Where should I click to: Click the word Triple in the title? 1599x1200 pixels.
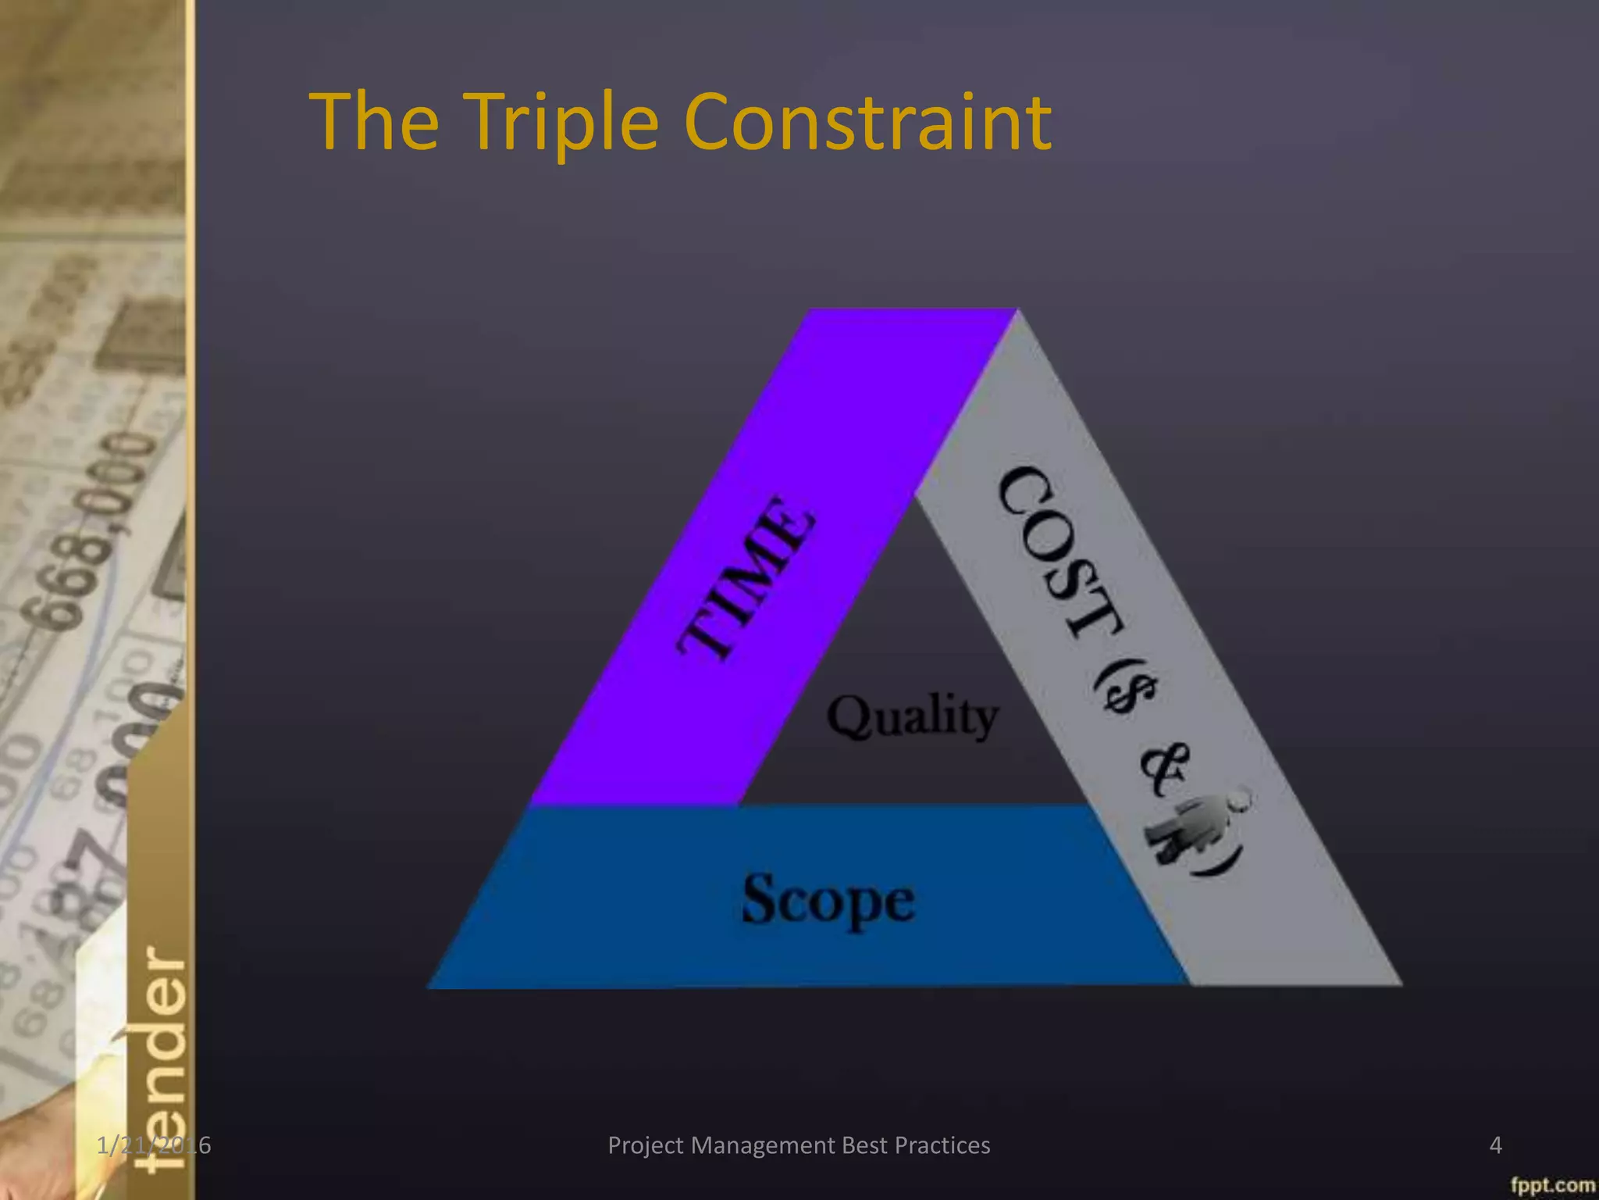[565, 123]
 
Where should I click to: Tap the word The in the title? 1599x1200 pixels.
[374, 122]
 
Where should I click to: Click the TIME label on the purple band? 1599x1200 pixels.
[746, 577]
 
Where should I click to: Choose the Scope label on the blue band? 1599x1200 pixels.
[828, 899]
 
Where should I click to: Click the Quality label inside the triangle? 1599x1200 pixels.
[912, 716]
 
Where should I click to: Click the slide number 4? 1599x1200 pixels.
[1495, 1145]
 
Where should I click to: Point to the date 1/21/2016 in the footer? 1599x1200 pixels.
[154, 1145]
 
